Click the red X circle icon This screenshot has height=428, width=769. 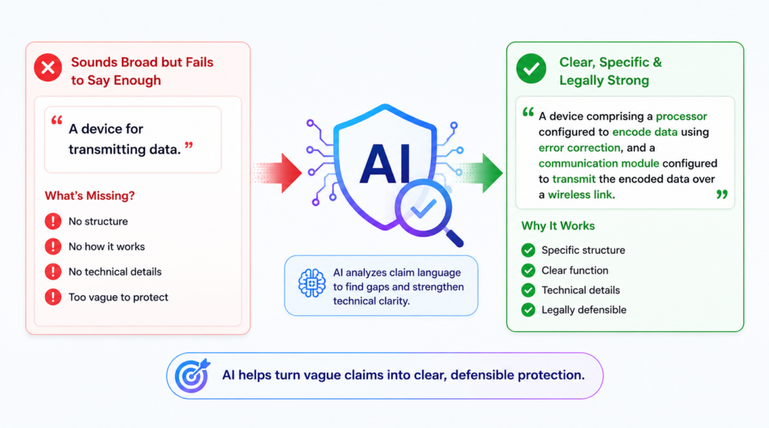click(x=48, y=68)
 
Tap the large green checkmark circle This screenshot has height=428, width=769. click(x=531, y=68)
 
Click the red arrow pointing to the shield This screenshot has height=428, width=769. click(x=277, y=173)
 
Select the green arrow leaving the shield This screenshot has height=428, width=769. click(x=478, y=173)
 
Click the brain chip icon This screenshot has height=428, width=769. click(x=312, y=283)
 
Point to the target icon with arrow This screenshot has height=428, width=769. click(x=192, y=375)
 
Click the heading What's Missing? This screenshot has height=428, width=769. click(x=90, y=196)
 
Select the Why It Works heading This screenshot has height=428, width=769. click(x=558, y=225)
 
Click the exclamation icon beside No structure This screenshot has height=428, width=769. click(x=53, y=222)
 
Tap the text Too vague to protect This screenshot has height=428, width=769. click(x=118, y=297)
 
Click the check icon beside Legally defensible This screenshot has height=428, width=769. click(x=528, y=310)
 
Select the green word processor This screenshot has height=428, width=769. click(x=682, y=116)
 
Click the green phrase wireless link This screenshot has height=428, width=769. click(x=580, y=194)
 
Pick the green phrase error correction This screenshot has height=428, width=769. click(x=579, y=148)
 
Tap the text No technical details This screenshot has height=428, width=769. click(x=115, y=272)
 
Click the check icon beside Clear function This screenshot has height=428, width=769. click(x=528, y=270)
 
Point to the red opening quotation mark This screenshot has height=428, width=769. click(x=57, y=120)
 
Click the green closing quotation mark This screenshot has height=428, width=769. click(x=722, y=194)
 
